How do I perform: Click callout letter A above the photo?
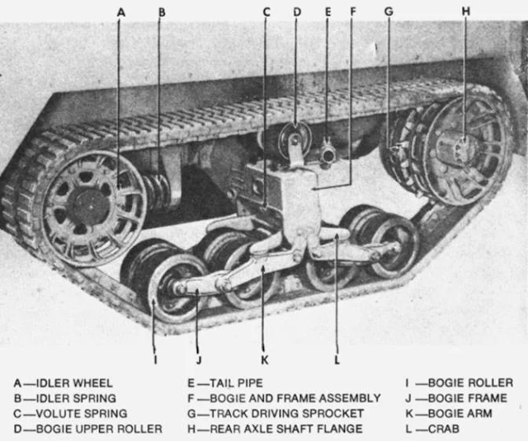click(120, 12)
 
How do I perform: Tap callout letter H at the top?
click(465, 12)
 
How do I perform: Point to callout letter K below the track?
click(263, 359)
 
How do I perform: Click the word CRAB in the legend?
click(430, 429)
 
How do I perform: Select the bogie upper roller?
click(294, 137)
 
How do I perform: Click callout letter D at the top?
click(297, 12)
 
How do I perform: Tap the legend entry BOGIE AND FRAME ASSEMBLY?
click(284, 398)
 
